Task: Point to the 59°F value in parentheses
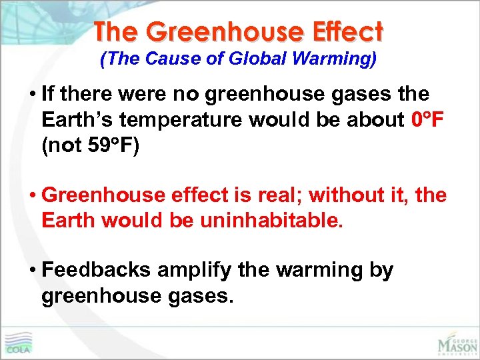click(x=111, y=145)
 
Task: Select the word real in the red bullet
click(x=279, y=195)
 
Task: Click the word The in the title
click(x=117, y=31)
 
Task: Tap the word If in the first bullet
click(x=49, y=95)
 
